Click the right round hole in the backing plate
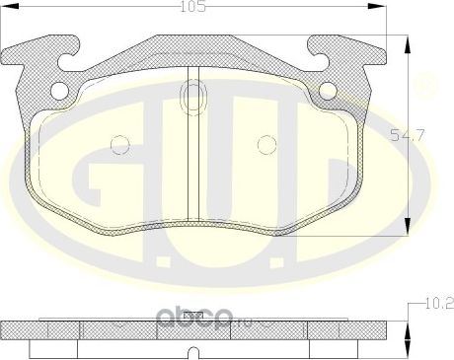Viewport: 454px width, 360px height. click(x=326, y=91)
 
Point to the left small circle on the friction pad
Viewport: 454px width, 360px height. click(x=119, y=144)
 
